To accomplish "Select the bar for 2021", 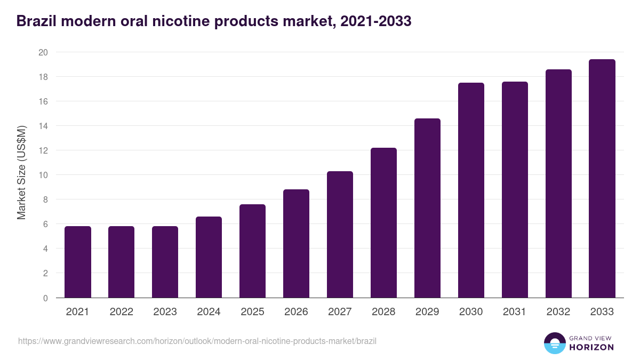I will [x=78, y=262].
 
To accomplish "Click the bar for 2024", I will [x=209, y=257].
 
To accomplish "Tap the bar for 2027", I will [x=340, y=234].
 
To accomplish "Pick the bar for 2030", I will [x=471, y=190].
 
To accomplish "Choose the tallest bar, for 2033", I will [x=602, y=178].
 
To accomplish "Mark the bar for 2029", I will [x=427, y=208].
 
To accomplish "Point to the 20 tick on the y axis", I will [x=43, y=52].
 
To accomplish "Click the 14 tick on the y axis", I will [x=43, y=126].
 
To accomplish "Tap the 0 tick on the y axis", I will [x=45, y=298].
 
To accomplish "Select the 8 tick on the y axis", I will [x=45, y=199].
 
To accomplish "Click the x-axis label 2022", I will [x=122, y=312].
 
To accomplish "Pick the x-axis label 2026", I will [x=296, y=312].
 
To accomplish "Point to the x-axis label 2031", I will [x=515, y=312].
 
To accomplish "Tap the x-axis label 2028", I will [x=383, y=312].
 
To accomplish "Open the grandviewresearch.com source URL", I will [x=197, y=341].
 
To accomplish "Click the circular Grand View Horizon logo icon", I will [x=555, y=343].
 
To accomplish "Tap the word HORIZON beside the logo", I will [x=592, y=347].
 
